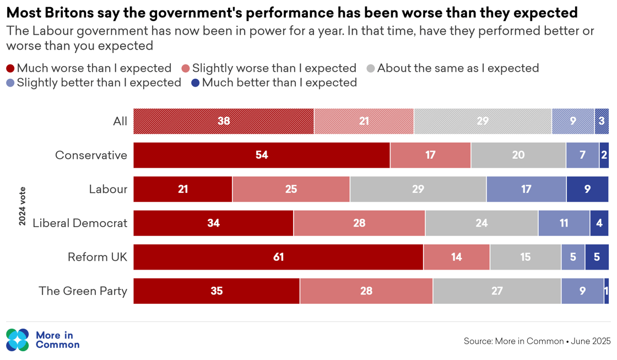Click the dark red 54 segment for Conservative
click(x=262, y=155)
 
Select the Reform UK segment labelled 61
click(x=278, y=257)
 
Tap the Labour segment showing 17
click(x=526, y=190)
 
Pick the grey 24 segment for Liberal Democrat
click(x=481, y=223)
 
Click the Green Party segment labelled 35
click(x=217, y=291)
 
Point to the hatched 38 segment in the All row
click(x=224, y=121)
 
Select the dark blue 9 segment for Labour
click(x=587, y=190)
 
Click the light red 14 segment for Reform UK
click(x=456, y=257)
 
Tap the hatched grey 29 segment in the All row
click(x=483, y=121)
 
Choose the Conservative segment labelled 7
click(x=582, y=155)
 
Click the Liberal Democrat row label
click(x=80, y=223)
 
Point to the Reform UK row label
click(x=97, y=257)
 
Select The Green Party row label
click(x=83, y=291)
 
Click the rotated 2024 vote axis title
click(x=23, y=206)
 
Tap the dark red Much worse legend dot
click(x=10, y=68)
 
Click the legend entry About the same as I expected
click(x=458, y=68)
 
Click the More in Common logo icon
click(x=17, y=340)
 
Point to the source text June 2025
click(x=591, y=341)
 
